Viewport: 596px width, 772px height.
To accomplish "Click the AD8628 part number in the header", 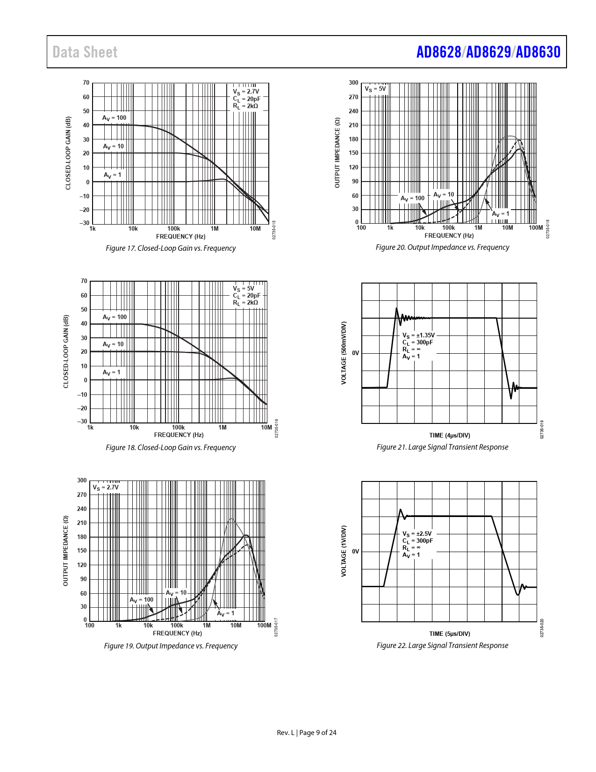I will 438,52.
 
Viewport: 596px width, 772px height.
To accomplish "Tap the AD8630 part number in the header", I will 538,52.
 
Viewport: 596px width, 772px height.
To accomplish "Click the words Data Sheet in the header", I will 85,52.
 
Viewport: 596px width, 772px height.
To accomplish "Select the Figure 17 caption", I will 171,248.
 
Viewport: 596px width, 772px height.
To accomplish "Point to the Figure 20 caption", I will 442,247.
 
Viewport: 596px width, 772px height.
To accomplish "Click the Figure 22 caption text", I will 442,645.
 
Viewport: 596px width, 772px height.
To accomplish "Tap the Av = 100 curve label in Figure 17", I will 115,118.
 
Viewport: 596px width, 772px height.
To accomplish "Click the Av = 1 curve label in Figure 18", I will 112,372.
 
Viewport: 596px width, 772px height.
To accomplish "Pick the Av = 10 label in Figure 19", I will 176,593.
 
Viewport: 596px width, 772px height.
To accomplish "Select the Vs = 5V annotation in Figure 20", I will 375,89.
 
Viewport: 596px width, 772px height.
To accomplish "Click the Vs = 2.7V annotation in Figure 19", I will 106,487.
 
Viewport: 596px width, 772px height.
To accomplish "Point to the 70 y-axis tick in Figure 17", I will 86,83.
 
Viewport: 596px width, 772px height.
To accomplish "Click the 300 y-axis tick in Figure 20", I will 353,83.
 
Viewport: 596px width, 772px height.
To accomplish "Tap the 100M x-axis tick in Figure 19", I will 264,625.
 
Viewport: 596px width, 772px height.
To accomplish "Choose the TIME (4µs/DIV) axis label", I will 450,435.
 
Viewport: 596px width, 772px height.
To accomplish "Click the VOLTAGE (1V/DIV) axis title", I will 344,551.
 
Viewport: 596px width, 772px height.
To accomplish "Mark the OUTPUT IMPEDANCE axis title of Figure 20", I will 337,153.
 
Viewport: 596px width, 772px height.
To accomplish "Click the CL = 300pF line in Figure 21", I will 418,342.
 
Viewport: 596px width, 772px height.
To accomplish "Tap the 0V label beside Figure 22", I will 356,551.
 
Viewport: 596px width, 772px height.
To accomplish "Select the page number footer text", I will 307,733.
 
